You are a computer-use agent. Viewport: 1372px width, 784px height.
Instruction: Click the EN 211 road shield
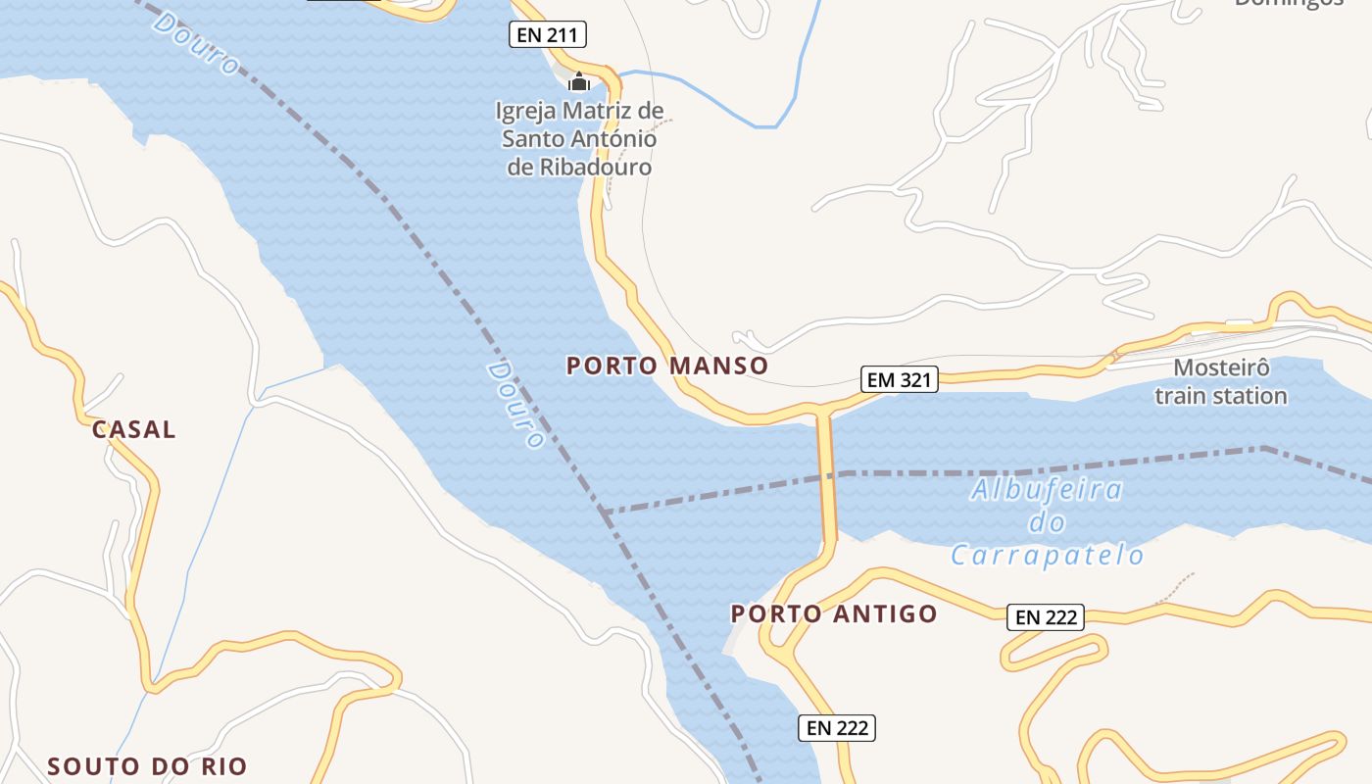click(548, 35)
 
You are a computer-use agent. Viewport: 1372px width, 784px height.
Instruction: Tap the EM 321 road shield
click(900, 379)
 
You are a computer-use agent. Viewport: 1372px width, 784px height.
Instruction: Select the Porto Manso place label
click(667, 366)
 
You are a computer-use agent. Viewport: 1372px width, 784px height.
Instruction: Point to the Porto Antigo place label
click(834, 613)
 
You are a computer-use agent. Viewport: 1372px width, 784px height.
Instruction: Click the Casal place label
click(134, 428)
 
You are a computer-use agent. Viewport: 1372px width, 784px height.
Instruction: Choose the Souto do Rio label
click(148, 765)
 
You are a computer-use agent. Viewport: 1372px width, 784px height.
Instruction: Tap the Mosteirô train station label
click(1221, 382)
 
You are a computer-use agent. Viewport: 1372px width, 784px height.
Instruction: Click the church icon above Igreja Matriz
click(579, 81)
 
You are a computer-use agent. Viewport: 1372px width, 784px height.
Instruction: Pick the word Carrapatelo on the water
click(1047, 556)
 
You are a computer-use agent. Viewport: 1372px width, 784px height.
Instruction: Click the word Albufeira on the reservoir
click(1047, 489)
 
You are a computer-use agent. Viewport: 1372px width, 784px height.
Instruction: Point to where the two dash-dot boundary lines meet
click(604, 512)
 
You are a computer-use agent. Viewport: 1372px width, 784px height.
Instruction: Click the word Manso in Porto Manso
click(721, 366)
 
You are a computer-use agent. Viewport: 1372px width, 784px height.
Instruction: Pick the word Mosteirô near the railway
click(1221, 368)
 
